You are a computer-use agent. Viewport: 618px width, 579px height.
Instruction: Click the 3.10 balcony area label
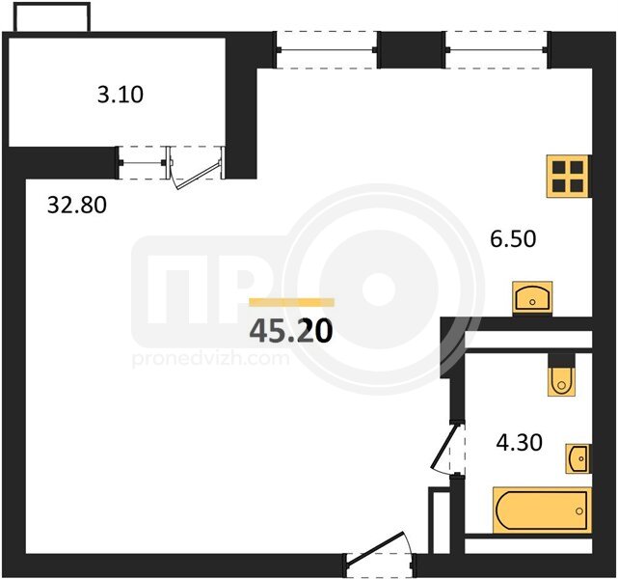[x=121, y=96]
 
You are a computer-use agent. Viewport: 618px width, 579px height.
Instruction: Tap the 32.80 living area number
[x=77, y=206]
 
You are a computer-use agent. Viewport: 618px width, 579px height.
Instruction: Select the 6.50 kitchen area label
[x=513, y=239]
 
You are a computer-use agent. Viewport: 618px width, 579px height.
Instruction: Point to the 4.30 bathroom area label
[x=519, y=443]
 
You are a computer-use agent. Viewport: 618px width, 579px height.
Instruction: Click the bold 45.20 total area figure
[x=291, y=330]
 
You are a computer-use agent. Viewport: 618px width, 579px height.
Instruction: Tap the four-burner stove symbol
[x=568, y=176]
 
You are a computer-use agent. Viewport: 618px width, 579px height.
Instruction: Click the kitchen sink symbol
[x=532, y=298]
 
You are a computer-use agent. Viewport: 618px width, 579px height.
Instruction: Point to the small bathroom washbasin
[x=578, y=458]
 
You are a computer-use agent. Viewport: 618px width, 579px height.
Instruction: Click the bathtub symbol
[x=543, y=510]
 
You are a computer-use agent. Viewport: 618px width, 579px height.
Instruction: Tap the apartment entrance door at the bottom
[x=380, y=556]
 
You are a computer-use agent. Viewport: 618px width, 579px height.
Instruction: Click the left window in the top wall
[x=326, y=50]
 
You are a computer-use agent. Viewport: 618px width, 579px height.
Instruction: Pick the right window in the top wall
[x=497, y=50]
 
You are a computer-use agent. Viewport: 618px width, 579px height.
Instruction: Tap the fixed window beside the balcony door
[x=143, y=162]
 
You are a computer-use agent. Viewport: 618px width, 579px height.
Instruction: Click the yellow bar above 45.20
[x=292, y=302]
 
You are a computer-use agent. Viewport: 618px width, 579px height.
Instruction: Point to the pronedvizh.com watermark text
[x=211, y=359]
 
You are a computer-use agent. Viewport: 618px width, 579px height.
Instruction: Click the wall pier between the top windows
[x=412, y=50]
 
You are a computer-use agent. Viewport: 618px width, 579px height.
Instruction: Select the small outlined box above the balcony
[x=52, y=17]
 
